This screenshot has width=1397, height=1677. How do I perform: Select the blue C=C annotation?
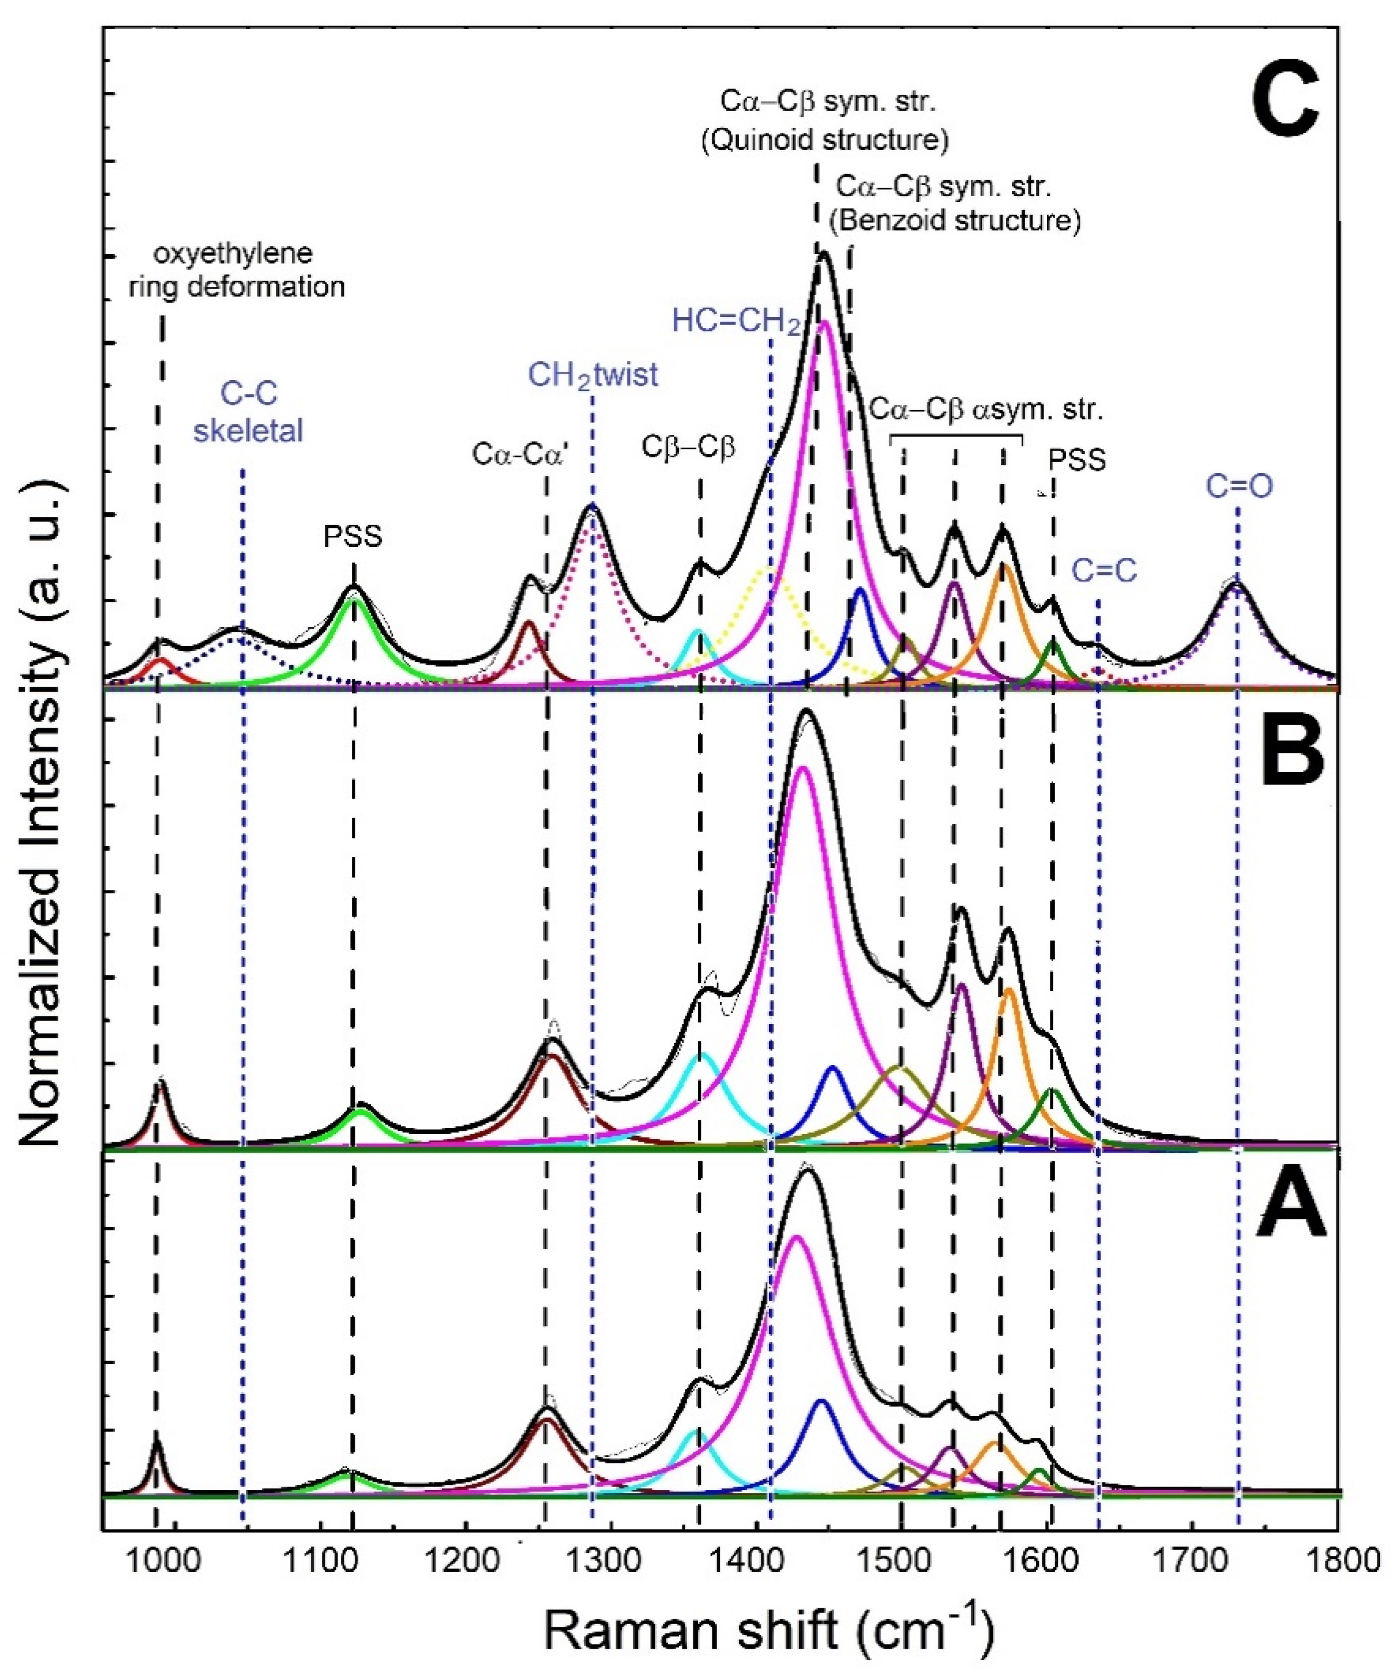tap(1104, 572)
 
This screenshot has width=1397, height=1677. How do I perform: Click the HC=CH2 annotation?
tap(735, 321)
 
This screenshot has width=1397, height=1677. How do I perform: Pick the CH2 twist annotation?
tap(593, 375)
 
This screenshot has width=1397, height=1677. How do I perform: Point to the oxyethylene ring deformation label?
tap(236, 271)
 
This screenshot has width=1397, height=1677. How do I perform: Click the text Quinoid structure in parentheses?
tap(824, 140)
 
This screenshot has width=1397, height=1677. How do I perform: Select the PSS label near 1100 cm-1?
tap(353, 536)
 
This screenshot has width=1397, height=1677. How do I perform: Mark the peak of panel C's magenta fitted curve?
tap(826, 322)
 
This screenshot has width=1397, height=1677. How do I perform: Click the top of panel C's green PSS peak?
tap(355, 599)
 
